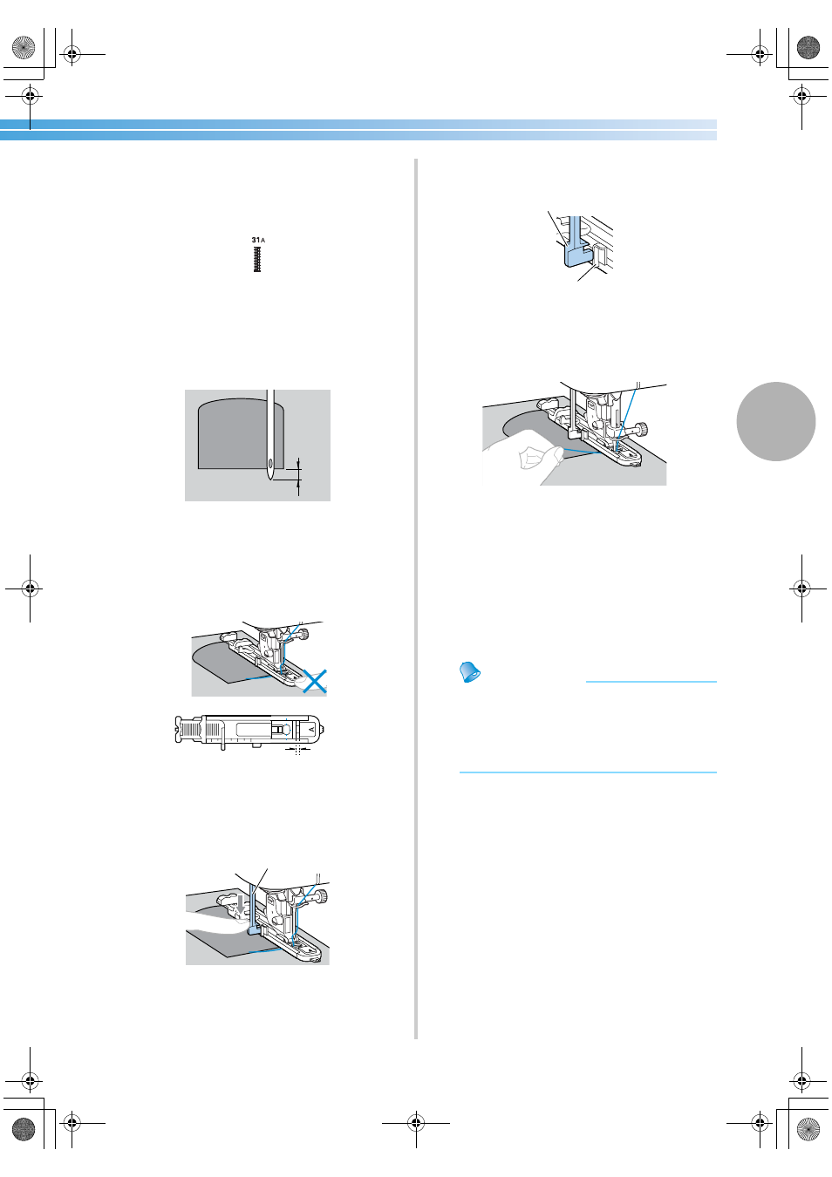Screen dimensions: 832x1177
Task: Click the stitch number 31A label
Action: point(258,240)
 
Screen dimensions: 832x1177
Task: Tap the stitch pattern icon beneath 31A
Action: point(257,259)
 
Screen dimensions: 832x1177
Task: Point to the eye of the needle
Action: point(270,464)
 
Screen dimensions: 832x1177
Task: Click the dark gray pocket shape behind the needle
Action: point(241,433)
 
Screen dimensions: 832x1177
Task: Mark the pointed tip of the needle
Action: point(270,480)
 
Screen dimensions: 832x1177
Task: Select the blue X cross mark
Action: point(314,681)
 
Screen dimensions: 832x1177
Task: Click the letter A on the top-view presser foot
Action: point(311,730)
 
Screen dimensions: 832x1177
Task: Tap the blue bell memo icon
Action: point(470,671)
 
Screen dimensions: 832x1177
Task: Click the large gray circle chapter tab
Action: point(776,421)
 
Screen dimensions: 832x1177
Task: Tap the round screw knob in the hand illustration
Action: point(641,429)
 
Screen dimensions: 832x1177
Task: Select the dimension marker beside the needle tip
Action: point(298,476)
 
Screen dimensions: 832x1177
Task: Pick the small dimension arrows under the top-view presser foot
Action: point(297,750)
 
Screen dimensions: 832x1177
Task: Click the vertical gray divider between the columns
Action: point(416,599)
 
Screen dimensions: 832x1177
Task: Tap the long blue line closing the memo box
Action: point(588,772)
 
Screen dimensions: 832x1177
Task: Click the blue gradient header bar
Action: point(358,130)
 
